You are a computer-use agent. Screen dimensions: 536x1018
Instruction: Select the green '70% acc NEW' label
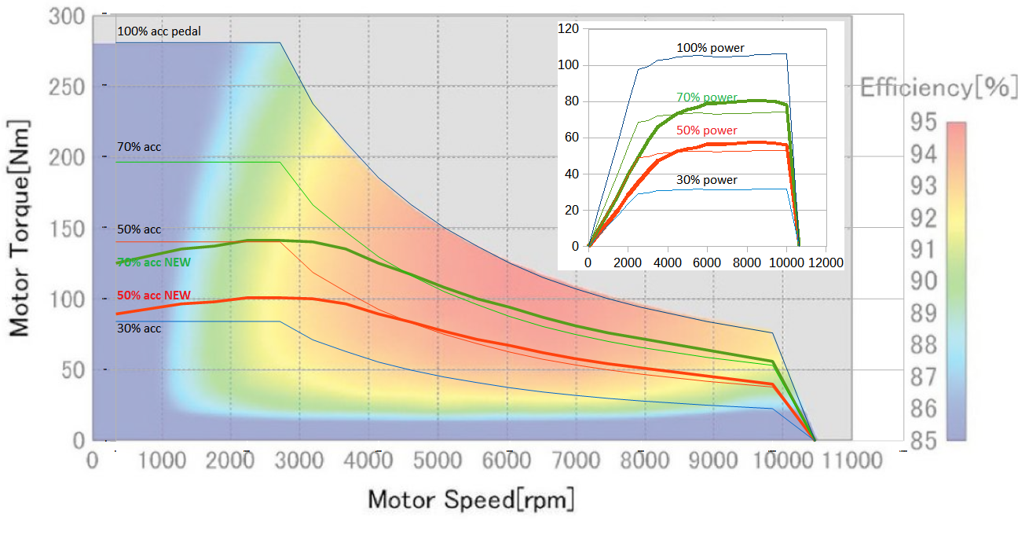click(154, 262)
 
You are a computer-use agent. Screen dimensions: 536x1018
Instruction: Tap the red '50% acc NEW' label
click(154, 295)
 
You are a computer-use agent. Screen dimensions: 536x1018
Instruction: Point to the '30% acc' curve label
click(139, 328)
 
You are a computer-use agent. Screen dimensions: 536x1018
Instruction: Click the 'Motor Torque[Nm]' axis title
click(20, 228)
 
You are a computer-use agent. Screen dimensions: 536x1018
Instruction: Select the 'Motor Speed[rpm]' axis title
click(471, 499)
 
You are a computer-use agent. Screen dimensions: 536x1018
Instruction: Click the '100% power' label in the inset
click(710, 48)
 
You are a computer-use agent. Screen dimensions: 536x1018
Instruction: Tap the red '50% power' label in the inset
click(707, 130)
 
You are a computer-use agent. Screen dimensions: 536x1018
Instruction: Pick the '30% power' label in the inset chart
click(707, 180)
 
